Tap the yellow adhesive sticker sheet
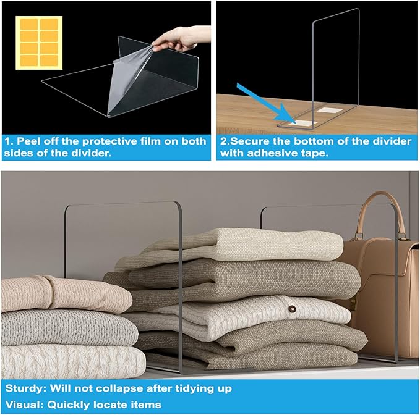[38, 42]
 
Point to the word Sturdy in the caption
[23, 388]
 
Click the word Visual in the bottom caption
[22, 404]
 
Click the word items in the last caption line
[148, 404]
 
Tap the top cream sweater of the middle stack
[247, 244]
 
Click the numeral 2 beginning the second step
[224, 141]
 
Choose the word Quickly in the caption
[71, 404]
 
